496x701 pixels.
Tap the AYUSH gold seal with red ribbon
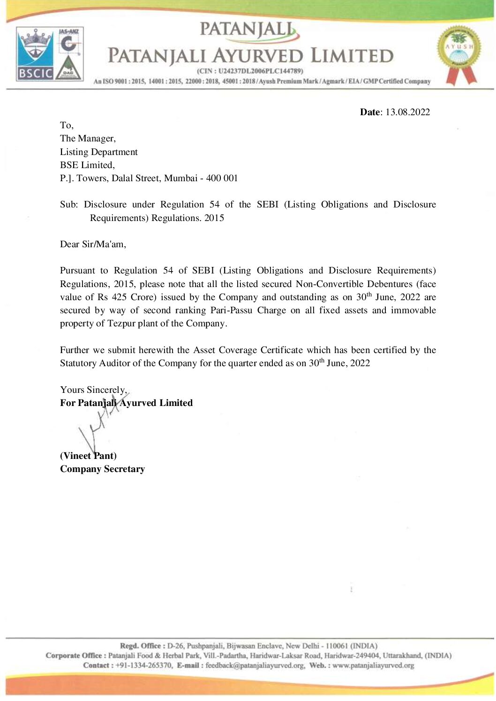(x=459, y=54)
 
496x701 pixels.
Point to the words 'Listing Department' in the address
(x=98, y=152)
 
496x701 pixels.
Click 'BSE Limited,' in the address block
(x=87, y=165)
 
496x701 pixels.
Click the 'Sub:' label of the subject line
(x=68, y=205)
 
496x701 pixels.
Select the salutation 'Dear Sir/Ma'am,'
(x=93, y=244)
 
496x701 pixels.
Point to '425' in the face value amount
(x=119, y=297)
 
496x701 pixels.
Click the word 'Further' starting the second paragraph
(x=75, y=350)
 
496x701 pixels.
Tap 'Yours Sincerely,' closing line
(x=93, y=390)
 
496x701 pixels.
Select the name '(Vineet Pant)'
(x=88, y=456)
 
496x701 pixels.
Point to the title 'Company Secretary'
(x=102, y=469)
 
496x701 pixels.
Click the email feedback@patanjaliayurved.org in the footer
(x=255, y=665)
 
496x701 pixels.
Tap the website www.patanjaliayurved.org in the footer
(x=373, y=665)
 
